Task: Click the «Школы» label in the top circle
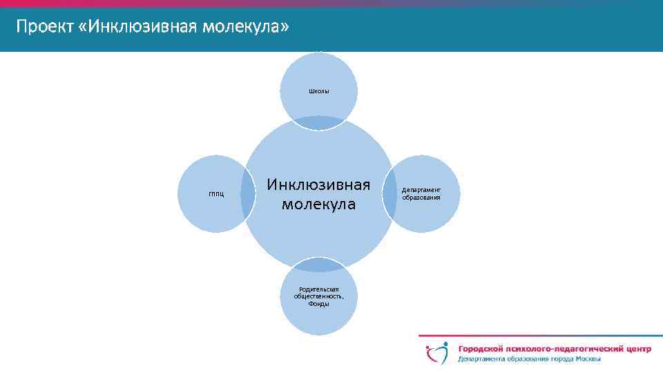(x=319, y=91)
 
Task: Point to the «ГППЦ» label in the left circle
(x=216, y=194)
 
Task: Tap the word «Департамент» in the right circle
(x=421, y=190)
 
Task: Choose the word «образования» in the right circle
(x=421, y=198)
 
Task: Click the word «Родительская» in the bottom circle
(x=318, y=289)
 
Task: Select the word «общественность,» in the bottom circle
(x=318, y=296)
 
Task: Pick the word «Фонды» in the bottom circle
(x=318, y=304)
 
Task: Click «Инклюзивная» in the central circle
(x=319, y=185)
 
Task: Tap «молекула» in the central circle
(x=319, y=204)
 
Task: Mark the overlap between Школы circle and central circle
(x=319, y=123)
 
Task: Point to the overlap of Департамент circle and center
(x=390, y=194)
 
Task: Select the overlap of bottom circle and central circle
(x=319, y=265)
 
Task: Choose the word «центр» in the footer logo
(x=633, y=350)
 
